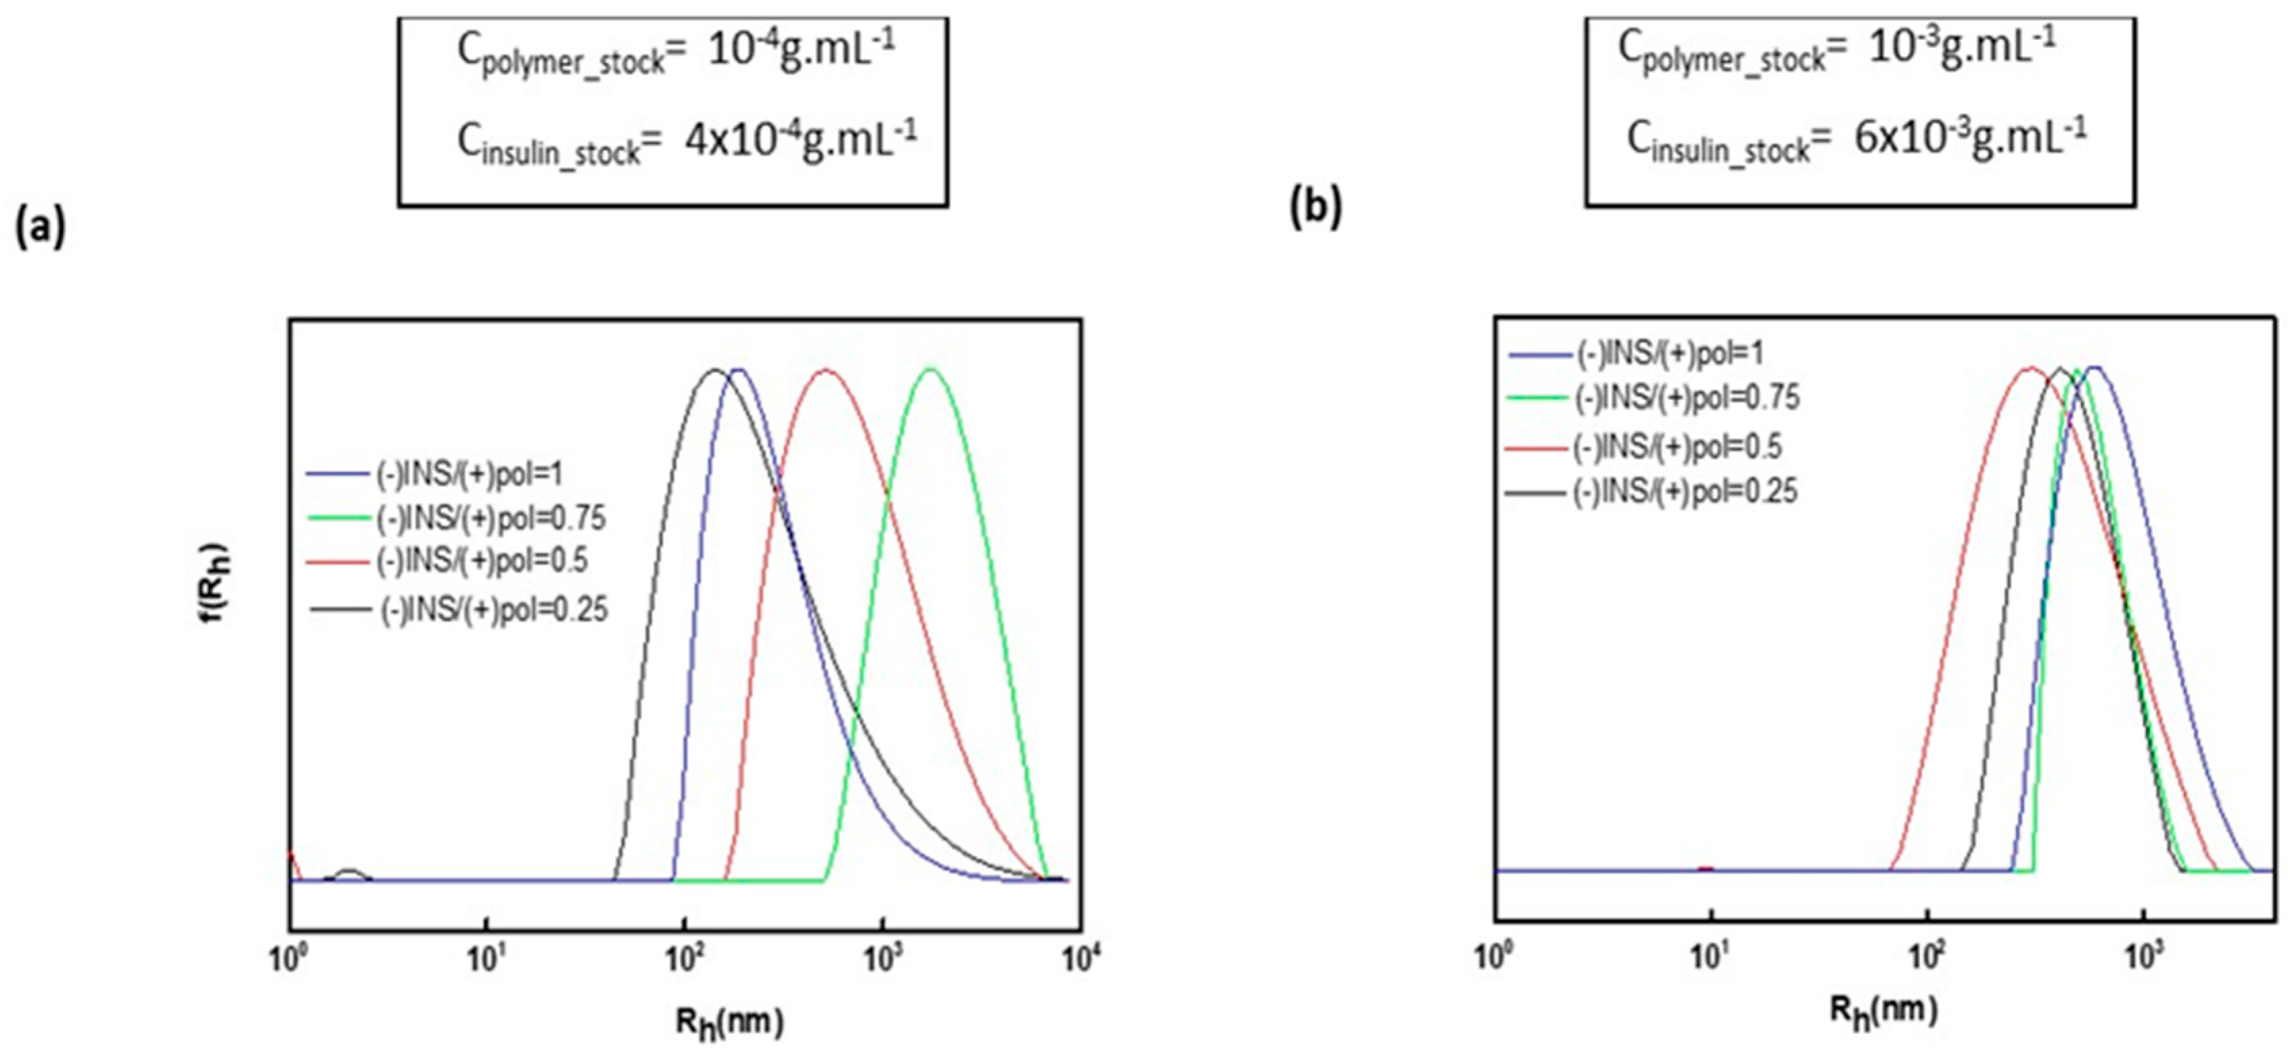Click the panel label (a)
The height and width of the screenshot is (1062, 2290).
(40, 229)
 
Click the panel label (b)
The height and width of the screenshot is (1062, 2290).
(1316, 207)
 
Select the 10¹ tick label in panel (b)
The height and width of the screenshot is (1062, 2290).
(1710, 959)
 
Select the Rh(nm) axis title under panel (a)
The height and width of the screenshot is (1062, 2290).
(729, 1022)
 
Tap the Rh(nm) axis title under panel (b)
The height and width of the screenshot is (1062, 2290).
(1883, 1011)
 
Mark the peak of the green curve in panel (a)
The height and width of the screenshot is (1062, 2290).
(931, 368)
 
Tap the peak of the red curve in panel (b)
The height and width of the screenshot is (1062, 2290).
(2030, 368)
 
